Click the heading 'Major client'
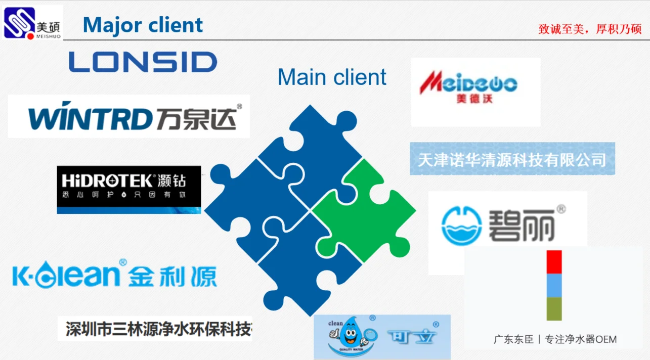[x=143, y=25]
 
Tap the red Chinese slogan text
[x=590, y=29]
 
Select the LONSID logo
[x=143, y=62]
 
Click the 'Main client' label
[x=332, y=77]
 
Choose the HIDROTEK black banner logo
[x=129, y=189]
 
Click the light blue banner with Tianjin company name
[x=512, y=160]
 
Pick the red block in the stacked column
[x=554, y=262]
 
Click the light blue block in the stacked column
[x=554, y=285]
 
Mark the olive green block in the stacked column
[x=554, y=308]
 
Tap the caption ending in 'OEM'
[x=555, y=339]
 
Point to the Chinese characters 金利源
[x=172, y=277]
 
